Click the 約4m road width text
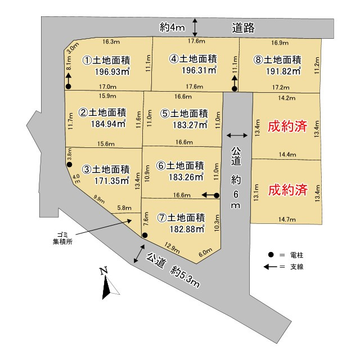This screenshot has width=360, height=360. (172, 28)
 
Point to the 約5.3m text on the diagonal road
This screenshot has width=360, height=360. (186, 275)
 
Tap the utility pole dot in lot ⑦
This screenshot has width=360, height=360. (145, 235)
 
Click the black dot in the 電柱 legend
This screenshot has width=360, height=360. (271, 255)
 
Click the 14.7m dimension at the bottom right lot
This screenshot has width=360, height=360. (286, 219)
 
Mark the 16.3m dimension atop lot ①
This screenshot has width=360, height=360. (111, 42)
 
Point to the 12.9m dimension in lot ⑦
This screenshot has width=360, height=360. (172, 246)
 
